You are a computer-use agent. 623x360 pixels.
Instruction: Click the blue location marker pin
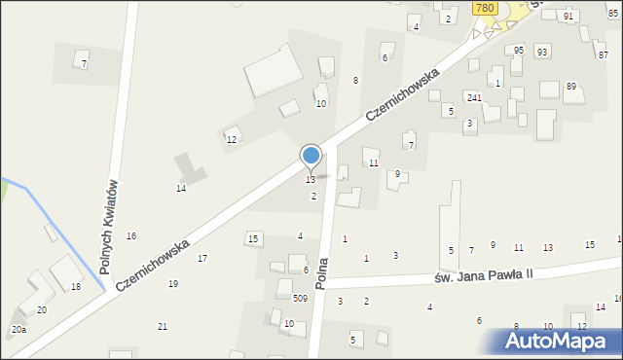click(311, 157)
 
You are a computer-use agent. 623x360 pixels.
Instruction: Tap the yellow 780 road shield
click(486, 8)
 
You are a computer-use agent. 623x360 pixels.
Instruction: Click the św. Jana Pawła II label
click(484, 277)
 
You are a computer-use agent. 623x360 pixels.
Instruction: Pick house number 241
click(474, 97)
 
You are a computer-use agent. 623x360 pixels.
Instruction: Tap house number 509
click(300, 299)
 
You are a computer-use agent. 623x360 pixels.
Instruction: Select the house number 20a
click(18, 330)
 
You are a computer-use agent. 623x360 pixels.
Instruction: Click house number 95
click(519, 50)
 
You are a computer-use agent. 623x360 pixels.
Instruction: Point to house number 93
click(542, 51)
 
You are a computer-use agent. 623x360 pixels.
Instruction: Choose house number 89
click(571, 87)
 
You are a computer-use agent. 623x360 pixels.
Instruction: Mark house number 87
click(604, 55)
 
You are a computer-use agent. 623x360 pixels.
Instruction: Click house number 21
click(163, 326)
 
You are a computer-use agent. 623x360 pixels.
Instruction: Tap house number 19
click(173, 284)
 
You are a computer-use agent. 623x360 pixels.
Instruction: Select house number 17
click(202, 258)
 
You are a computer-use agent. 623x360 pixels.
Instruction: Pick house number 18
click(76, 286)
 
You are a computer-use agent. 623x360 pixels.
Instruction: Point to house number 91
click(568, 17)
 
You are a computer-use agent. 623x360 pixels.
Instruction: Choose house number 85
click(612, 13)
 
